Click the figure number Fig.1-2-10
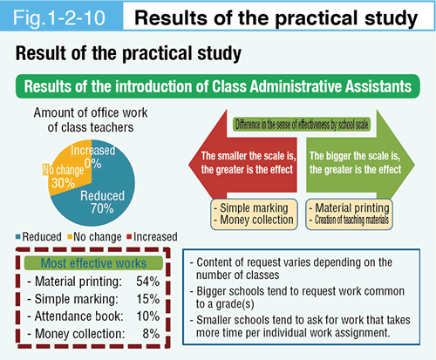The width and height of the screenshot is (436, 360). click(x=59, y=17)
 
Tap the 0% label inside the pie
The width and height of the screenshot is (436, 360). click(x=93, y=164)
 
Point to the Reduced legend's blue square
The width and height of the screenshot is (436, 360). click(x=18, y=237)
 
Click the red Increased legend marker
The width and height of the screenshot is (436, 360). click(x=129, y=237)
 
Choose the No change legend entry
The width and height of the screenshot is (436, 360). click(x=94, y=237)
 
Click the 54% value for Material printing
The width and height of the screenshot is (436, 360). click(x=147, y=282)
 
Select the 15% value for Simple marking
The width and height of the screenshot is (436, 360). click(x=147, y=299)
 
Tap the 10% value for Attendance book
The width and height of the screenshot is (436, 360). click(x=147, y=316)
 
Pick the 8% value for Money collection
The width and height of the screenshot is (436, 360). click(x=151, y=334)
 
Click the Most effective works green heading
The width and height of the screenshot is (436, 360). click(x=93, y=263)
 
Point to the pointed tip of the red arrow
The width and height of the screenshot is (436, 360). click(x=189, y=165)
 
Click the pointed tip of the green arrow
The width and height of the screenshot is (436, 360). click(x=414, y=165)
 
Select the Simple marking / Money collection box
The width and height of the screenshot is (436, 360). click(x=254, y=214)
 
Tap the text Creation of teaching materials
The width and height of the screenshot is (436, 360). click(x=351, y=220)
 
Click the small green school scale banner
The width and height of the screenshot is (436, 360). click(x=302, y=125)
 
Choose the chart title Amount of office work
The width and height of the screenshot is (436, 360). click(x=91, y=112)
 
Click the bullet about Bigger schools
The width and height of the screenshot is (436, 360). click(x=297, y=297)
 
